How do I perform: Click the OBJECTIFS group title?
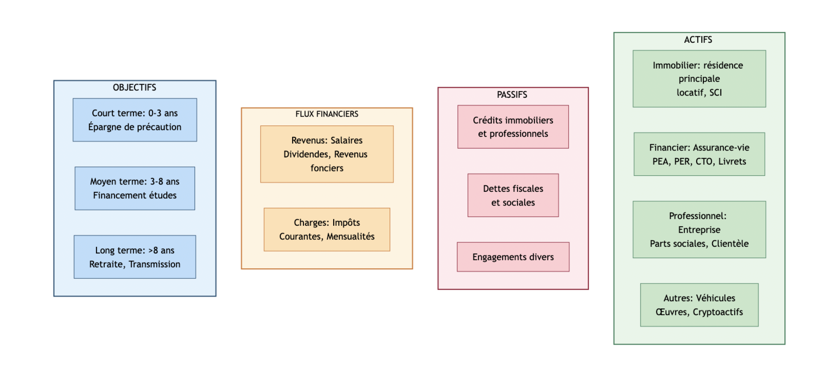[134, 87]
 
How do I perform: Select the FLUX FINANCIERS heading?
[327, 114]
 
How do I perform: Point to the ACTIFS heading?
[698, 40]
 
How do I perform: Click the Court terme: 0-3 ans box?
[135, 120]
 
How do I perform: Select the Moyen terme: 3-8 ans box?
[135, 188]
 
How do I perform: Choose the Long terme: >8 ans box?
[135, 257]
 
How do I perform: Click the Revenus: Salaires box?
[327, 154]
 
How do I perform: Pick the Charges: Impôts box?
[327, 229]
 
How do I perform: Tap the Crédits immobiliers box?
[513, 127]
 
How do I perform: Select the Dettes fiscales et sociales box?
[513, 195]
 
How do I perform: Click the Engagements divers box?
[513, 257]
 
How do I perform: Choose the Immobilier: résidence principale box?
[699, 79]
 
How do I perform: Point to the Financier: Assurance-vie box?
[699, 154]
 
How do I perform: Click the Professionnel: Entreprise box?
[699, 229]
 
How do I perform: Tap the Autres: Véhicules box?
[699, 305]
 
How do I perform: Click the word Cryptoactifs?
[718, 312]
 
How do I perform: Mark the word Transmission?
[154, 264]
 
